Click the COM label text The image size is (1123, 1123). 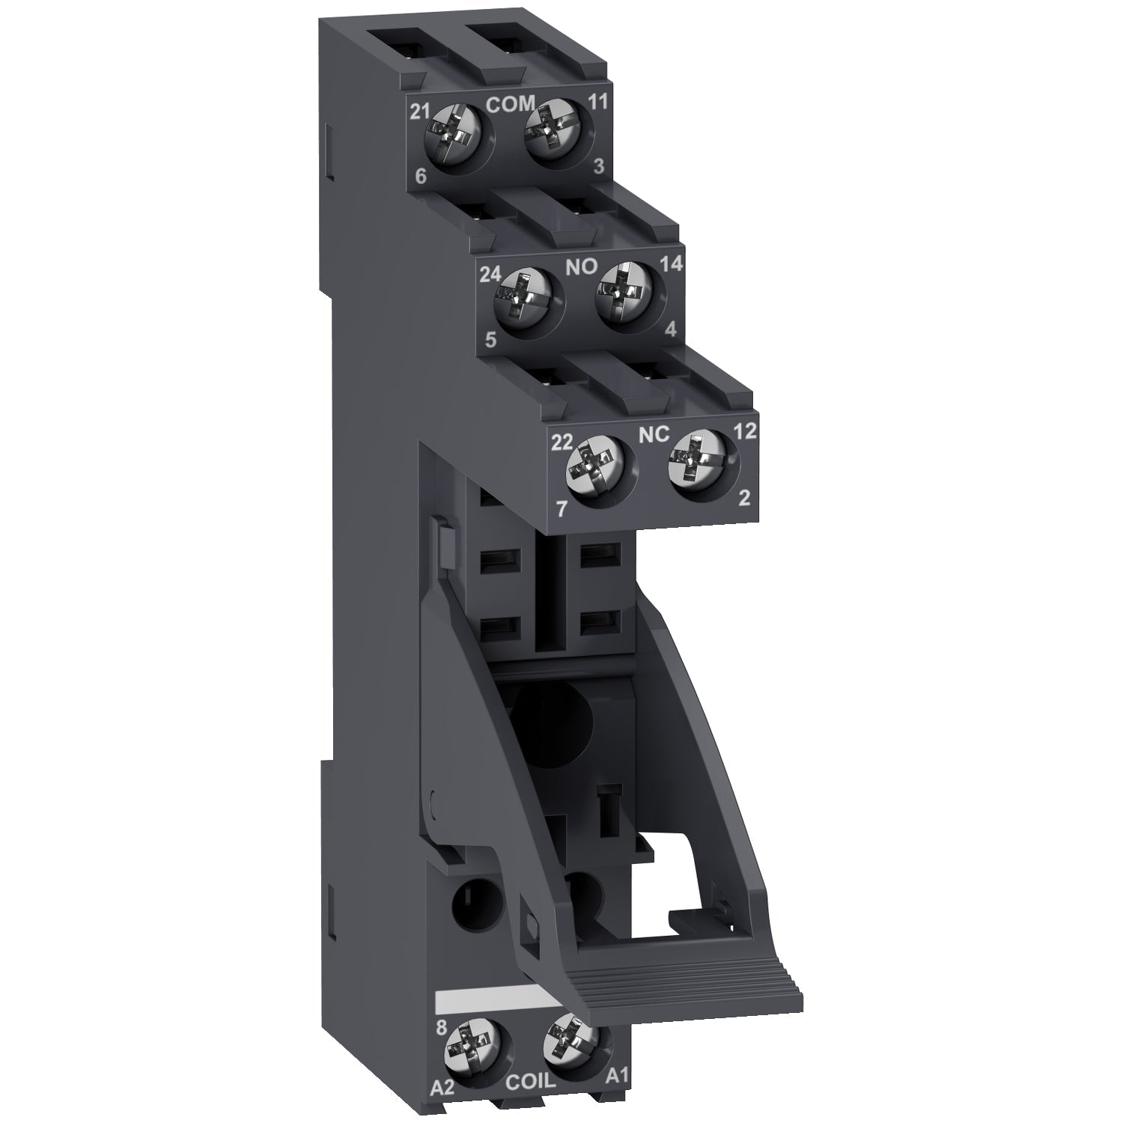(x=511, y=104)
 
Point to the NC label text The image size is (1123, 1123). (x=654, y=434)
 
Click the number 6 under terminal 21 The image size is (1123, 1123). (x=420, y=177)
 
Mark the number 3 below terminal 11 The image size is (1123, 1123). (x=598, y=167)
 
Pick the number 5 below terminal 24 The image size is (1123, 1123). (x=490, y=339)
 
